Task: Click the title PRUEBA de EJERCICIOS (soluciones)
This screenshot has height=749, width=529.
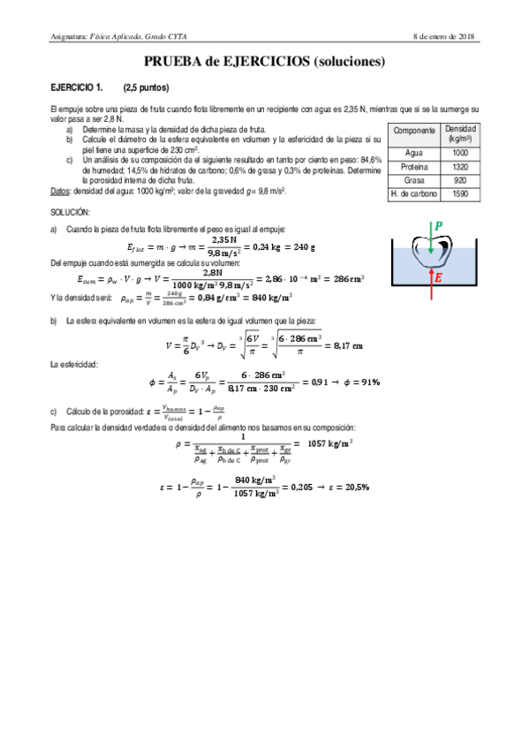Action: pos(264,63)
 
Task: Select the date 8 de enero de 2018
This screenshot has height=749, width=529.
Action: pos(444,36)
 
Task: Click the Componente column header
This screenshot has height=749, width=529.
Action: pos(414,131)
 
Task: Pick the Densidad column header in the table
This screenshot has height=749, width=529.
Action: pos(459,134)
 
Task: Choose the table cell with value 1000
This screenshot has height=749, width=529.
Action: pos(459,152)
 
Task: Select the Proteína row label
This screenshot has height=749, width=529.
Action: pos(414,166)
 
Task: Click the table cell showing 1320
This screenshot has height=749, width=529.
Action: pos(459,166)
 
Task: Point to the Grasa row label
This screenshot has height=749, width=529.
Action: pos(414,179)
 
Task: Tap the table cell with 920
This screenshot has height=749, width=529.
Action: pos(459,179)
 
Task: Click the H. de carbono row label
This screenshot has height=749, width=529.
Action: pos(414,193)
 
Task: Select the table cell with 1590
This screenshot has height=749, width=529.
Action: pos(459,193)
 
